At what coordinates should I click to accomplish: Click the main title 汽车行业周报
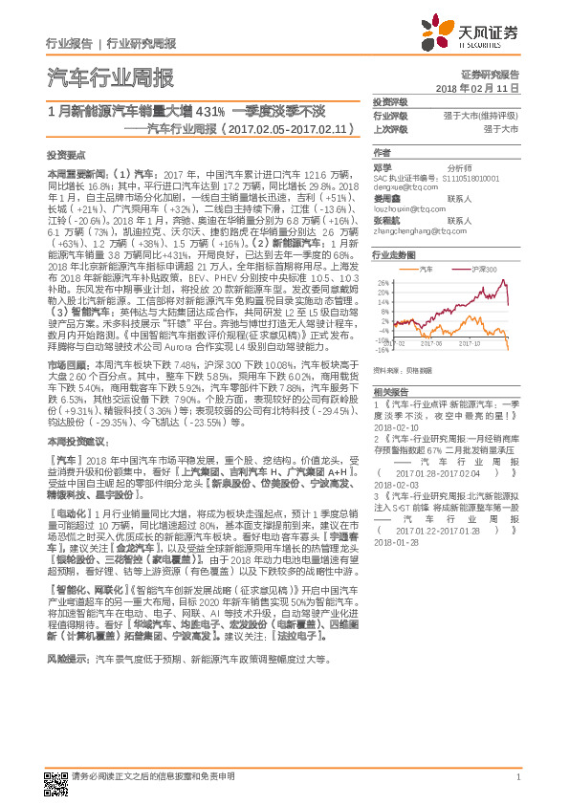coord(110,78)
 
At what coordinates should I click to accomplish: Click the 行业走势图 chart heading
coord(392,255)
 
